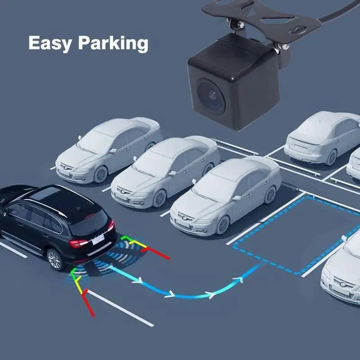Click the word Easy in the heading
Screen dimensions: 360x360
click(x=47, y=43)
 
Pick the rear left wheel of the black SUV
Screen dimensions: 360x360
click(x=55, y=259)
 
